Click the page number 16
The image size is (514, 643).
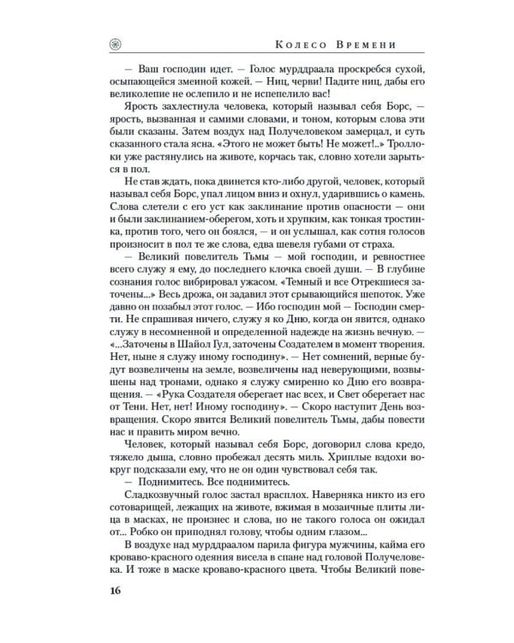(115, 591)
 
